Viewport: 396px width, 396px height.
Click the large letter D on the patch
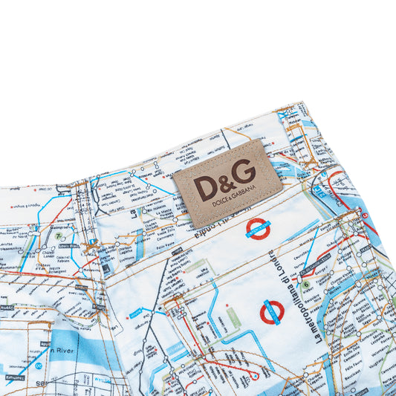(x=205, y=187)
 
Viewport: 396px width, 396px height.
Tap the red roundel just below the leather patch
(x=258, y=229)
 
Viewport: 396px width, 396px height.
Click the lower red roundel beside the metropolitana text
(x=272, y=312)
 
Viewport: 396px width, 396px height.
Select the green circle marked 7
(x=58, y=236)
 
